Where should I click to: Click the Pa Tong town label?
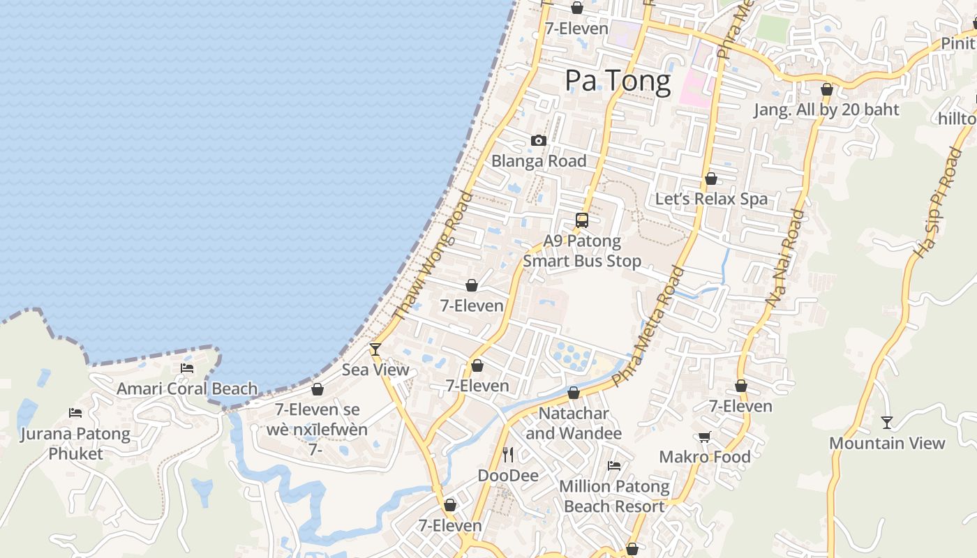(x=618, y=81)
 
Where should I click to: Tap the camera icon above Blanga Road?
(x=538, y=141)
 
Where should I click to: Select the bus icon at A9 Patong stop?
(x=582, y=220)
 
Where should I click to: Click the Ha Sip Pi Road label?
(x=938, y=202)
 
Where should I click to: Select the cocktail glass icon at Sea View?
(x=375, y=349)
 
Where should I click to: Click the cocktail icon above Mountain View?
(x=886, y=423)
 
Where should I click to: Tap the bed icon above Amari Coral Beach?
(x=187, y=368)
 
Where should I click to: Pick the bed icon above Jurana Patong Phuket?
(x=75, y=413)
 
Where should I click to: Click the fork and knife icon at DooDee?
(x=508, y=455)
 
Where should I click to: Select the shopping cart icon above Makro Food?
(x=705, y=437)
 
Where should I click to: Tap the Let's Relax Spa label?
(x=711, y=199)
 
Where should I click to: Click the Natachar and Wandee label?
(x=573, y=423)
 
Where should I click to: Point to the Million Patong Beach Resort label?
(x=614, y=497)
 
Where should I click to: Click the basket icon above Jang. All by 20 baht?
(x=827, y=89)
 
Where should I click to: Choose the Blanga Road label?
(x=539, y=161)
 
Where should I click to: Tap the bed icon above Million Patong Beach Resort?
(x=614, y=466)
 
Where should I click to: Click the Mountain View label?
(x=886, y=443)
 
